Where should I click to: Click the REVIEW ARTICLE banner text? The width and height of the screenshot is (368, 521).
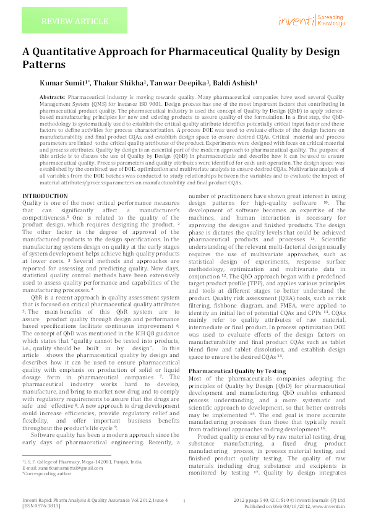point(66,22)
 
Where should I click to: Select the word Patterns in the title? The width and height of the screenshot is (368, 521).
point(44,64)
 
